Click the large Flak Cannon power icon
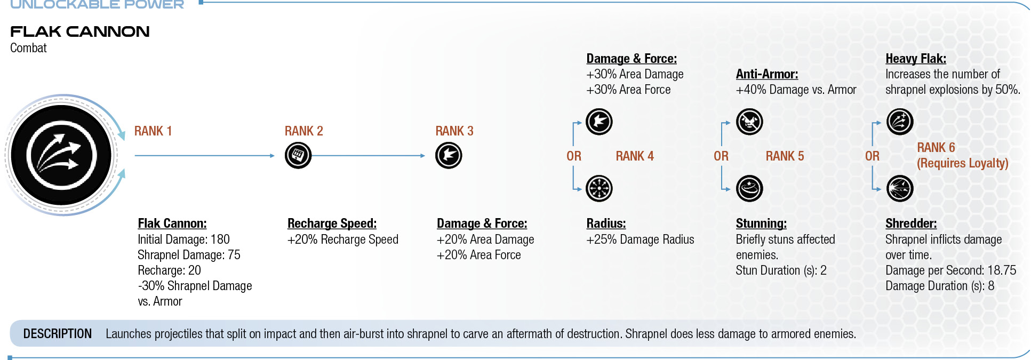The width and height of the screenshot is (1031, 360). tap(61, 155)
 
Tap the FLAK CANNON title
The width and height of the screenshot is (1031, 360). tap(80, 31)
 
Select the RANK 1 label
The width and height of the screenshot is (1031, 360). tap(153, 131)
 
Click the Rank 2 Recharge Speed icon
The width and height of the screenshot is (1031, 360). tap(298, 156)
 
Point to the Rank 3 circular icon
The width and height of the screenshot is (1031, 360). tap(449, 156)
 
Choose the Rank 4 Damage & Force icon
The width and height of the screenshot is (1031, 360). tap(599, 122)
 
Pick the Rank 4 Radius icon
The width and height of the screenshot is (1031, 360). tap(599, 189)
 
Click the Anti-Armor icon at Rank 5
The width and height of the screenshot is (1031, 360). tap(749, 122)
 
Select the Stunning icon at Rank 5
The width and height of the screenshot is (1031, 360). tap(749, 189)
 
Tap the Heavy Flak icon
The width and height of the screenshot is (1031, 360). tap(900, 122)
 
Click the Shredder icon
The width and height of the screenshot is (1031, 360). tap(900, 189)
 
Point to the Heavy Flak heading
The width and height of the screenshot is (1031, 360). tap(916, 59)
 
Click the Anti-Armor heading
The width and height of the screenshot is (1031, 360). tap(767, 74)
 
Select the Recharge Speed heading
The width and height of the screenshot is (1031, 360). tap(332, 223)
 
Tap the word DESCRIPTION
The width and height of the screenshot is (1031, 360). tap(58, 334)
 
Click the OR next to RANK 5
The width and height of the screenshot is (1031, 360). tap(721, 156)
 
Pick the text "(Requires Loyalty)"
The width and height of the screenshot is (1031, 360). tap(963, 163)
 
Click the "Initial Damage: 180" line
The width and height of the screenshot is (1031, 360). tap(183, 239)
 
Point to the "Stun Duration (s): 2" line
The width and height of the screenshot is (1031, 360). tap(781, 270)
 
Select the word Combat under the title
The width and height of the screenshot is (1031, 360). tap(28, 48)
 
